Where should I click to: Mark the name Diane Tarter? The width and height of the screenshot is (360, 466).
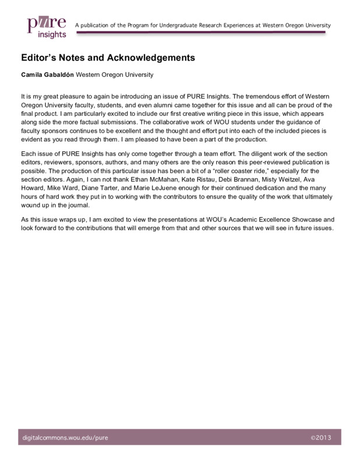point(103,190)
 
